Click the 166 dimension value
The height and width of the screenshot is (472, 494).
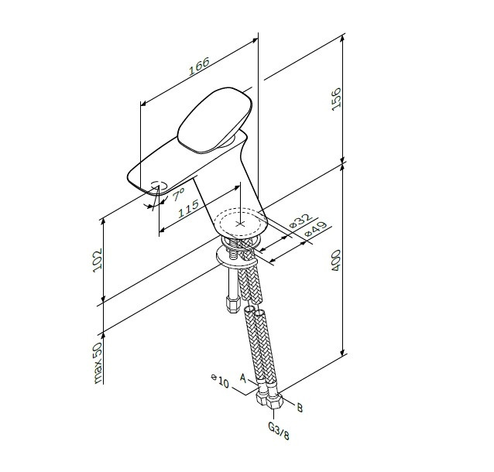click(x=198, y=70)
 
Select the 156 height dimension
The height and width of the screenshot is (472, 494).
click(x=336, y=99)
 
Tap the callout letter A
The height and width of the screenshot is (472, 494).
click(x=242, y=378)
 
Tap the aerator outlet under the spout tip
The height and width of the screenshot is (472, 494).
click(x=156, y=186)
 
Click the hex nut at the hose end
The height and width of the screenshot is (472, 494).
click(x=271, y=402)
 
